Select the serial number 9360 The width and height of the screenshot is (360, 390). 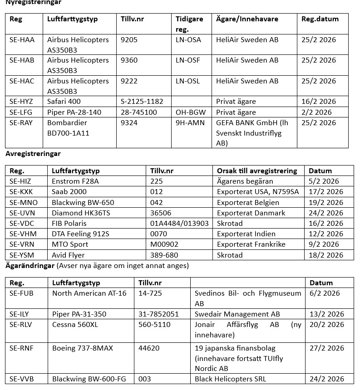[x=129, y=60]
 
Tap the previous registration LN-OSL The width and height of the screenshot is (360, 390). [x=187, y=81]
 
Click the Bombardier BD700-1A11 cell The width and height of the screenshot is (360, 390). [x=68, y=128]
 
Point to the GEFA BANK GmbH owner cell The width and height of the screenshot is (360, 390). [x=252, y=133]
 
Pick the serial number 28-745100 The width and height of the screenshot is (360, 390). [x=139, y=112]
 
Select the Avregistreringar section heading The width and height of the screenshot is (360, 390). [x=33, y=154]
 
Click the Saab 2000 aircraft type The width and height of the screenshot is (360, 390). [x=69, y=192]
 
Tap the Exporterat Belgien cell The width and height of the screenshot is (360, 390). [x=247, y=202]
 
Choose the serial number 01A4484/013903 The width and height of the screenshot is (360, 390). [x=179, y=224]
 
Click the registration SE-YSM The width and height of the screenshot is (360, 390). [x=21, y=255]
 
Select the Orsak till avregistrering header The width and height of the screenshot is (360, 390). [x=257, y=171]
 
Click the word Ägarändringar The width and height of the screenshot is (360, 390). [x=30, y=265]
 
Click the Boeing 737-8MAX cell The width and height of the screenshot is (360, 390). [x=83, y=348]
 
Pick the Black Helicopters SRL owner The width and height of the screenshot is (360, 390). [x=230, y=379]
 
